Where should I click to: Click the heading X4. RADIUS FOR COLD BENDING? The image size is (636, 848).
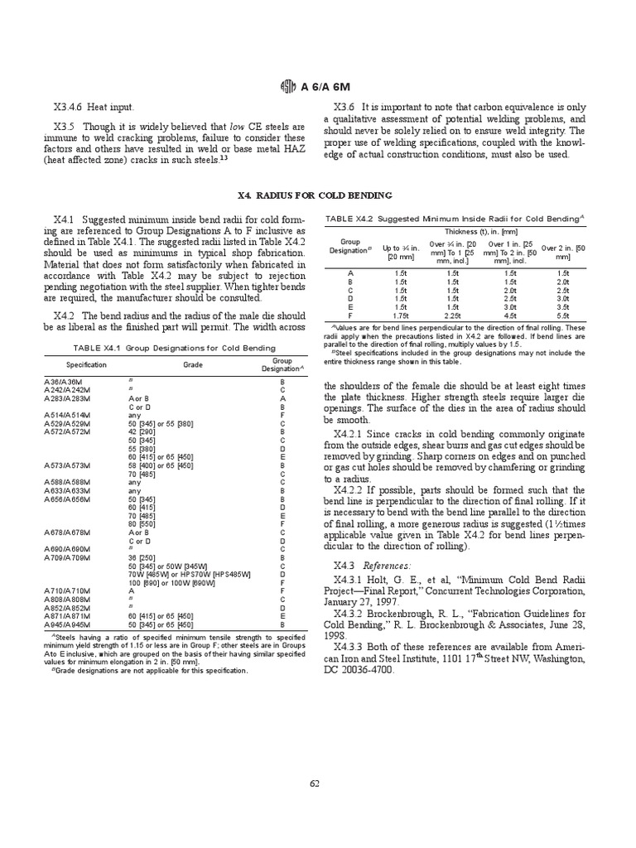[x=315, y=195]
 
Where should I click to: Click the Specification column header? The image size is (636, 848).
[x=86, y=365]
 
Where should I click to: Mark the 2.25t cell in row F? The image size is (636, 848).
[x=452, y=316]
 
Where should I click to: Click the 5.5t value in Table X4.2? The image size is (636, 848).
[x=563, y=316]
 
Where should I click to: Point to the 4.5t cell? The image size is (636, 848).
[x=509, y=316]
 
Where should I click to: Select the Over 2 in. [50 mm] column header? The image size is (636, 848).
[x=563, y=252]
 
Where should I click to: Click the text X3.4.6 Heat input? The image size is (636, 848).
[x=94, y=107]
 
